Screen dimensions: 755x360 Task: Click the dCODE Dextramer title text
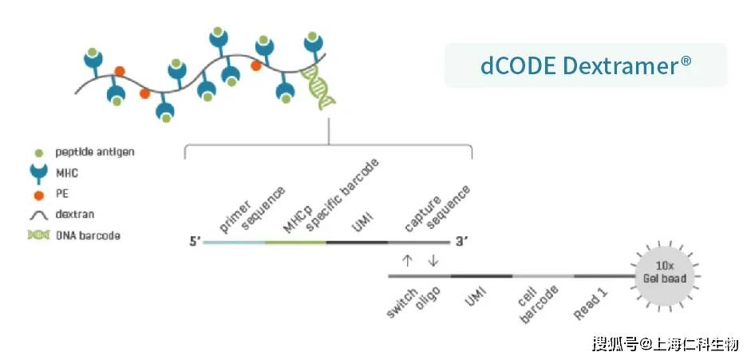pyautogui.click(x=586, y=65)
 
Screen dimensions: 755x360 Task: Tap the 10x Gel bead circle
pyautogui.click(x=665, y=275)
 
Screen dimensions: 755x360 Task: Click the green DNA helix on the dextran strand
pyautogui.click(x=318, y=87)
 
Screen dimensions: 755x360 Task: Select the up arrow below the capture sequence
pyautogui.click(x=407, y=260)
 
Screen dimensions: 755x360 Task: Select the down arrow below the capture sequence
pyautogui.click(x=433, y=260)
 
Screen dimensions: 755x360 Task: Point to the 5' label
pyautogui.click(x=195, y=242)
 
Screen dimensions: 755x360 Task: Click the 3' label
pyautogui.click(x=462, y=242)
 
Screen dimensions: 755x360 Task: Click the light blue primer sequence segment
pyautogui.click(x=234, y=242)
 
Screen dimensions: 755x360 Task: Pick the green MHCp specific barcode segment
pyautogui.click(x=295, y=242)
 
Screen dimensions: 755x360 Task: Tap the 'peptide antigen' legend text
pyautogui.click(x=95, y=152)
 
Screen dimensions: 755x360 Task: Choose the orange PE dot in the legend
pyautogui.click(x=39, y=196)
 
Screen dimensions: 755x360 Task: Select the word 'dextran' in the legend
pyautogui.click(x=74, y=214)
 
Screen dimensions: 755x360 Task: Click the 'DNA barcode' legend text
pyautogui.click(x=88, y=235)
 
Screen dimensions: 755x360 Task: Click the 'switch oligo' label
pyautogui.click(x=413, y=302)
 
